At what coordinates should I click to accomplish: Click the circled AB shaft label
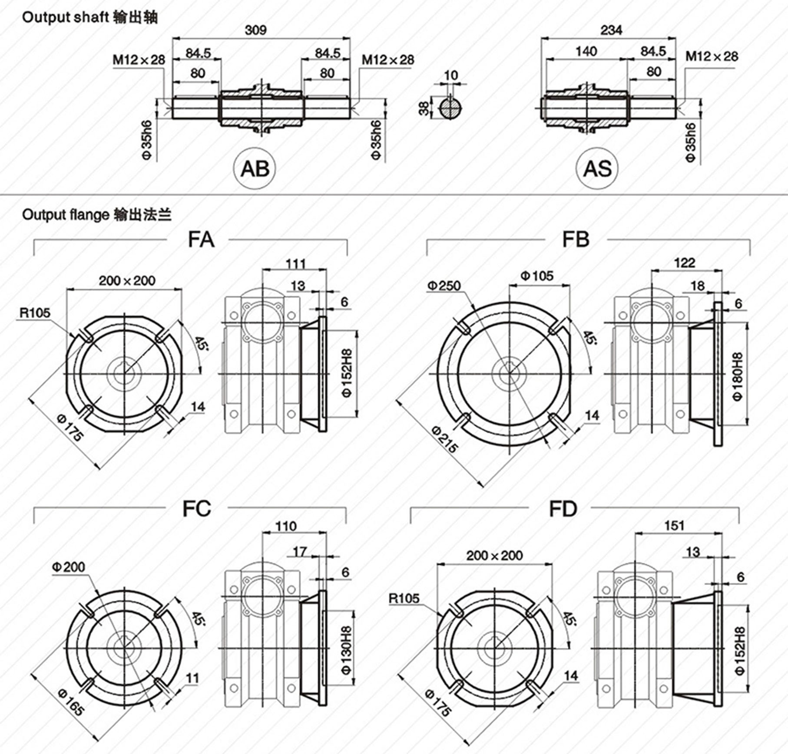[255, 168]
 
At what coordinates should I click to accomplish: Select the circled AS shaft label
[597, 168]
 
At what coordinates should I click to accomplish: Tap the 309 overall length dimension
[256, 30]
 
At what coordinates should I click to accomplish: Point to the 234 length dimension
[611, 30]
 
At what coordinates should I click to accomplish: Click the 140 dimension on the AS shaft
[586, 52]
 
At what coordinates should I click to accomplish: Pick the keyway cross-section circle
[450, 108]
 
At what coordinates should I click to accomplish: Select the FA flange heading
[201, 240]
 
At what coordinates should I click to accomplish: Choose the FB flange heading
[576, 240]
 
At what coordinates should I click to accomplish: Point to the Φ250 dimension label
[444, 286]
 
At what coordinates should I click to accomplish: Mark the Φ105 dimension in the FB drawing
[537, 276]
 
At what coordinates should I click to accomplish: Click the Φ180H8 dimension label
[738, 376]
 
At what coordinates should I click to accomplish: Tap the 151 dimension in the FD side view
[674, 526]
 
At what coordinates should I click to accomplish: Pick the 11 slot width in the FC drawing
[192, 678]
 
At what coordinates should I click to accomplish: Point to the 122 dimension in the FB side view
[684, 263]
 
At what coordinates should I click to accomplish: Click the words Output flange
[66, 215]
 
